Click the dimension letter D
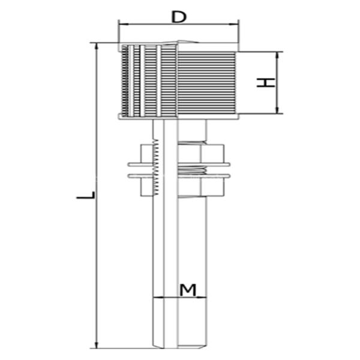(178, 16)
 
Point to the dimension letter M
(188, 290)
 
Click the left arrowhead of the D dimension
(122, 25)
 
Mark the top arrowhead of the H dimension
(277, 55)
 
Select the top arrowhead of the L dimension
(95, 46)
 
